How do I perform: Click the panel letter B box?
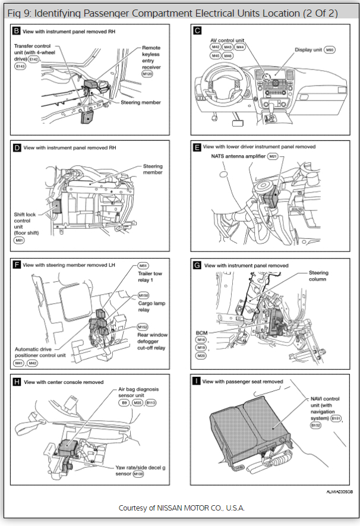17,30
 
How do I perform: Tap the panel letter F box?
17,264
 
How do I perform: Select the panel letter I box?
195,381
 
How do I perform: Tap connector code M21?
273,156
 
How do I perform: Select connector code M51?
143,266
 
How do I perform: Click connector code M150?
143,295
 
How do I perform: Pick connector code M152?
143,326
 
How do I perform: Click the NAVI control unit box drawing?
250,427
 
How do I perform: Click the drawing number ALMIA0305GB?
339,492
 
